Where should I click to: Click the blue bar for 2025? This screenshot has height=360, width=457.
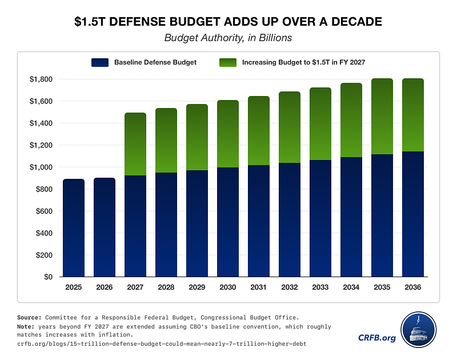pos(74,228)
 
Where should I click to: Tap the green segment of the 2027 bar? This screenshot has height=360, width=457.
pos(135,144)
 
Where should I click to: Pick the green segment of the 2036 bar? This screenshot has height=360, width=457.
pos(413,115)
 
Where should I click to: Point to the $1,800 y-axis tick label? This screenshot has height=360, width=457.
pos(42,79)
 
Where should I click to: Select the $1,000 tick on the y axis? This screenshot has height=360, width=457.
pos(42,167)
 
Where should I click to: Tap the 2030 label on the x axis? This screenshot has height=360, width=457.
pos(228,287)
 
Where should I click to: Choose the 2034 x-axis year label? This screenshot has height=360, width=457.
pos(351,287)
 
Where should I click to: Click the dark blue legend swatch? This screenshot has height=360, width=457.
pos(99,62)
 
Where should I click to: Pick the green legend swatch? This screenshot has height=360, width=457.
pos(228,62)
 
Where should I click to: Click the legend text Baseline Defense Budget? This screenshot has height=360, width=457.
pos(155,62)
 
